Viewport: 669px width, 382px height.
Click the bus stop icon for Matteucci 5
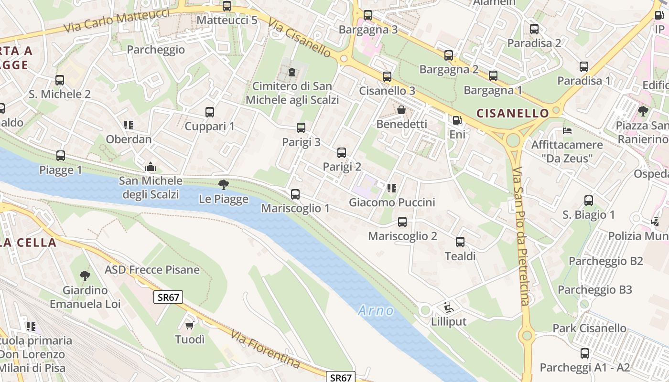pyautogui.click(x=227, y=7)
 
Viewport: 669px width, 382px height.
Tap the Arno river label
pyautogui.click(x=376, y=311)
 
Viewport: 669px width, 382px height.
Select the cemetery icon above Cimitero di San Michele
pyautogui.click(x=291, y=73)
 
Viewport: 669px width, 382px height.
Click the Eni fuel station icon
pyautogui.click(x=457, y=120)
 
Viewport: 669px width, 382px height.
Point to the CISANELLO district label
pyautogui.click(x=513, y=113)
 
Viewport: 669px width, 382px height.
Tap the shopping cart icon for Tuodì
pyautogui.click(x=190, y=325)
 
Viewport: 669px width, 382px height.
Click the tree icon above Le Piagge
pyautogui.click(x=223, y=185)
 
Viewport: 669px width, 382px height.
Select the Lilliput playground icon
pyautogui.click(x=448, y=307)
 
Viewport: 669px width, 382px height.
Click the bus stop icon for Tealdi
pyautogui.click(x=460, y=242)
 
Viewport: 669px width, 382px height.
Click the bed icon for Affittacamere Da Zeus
pyautogui.click(x=567, y=130)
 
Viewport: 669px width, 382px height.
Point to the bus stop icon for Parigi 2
pyautogui.click(x=342, y=153)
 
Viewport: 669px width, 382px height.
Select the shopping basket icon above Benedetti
pyautogui.click(x=401, y=110)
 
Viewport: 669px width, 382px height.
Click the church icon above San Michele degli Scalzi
pyautogui.click(x=151, y=167)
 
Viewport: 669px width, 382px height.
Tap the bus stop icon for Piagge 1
pyautogui.click(x=61, y=156)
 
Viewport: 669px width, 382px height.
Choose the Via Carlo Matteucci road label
pyautogui.click(x=117, y=21)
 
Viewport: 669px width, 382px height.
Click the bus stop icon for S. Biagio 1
pyautogui.click(x=589, y=201)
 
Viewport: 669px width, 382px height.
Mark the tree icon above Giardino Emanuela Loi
pyautogui.click(x=85, y=276)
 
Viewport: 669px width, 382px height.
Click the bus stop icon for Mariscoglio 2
pyautogui.click(x=402, y=222)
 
